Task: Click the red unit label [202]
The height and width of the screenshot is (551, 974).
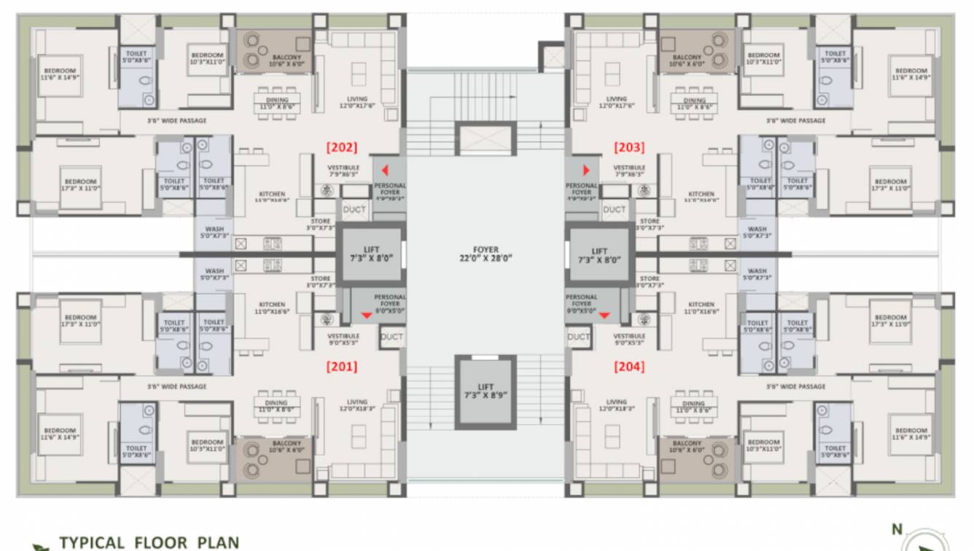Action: pos(341,147)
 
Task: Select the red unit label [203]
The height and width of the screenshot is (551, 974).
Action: pos(629,147)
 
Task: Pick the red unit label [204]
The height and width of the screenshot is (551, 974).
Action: pos(629,367)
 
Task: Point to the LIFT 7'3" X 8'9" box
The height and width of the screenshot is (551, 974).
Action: pos(486,391)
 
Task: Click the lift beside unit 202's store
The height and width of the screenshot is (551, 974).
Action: pos(371,254)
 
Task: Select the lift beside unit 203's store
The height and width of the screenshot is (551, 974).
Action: pos(599,254)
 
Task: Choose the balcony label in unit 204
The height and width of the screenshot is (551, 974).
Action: pos(687,446)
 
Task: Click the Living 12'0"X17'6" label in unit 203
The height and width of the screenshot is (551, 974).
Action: pos(616,102)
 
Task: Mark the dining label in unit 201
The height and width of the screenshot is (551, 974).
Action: pos(276,407)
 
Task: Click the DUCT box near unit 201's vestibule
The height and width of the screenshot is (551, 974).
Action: pos(391,337)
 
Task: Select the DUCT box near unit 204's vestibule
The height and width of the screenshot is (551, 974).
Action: pos(578,337)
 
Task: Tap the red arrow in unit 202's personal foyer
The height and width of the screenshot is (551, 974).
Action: pos(383,170)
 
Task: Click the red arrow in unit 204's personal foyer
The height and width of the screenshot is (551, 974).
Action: pos(604,315)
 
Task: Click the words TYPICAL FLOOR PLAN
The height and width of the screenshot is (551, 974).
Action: pos(149,542)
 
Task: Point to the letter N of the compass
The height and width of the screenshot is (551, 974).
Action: pos(897,529)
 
